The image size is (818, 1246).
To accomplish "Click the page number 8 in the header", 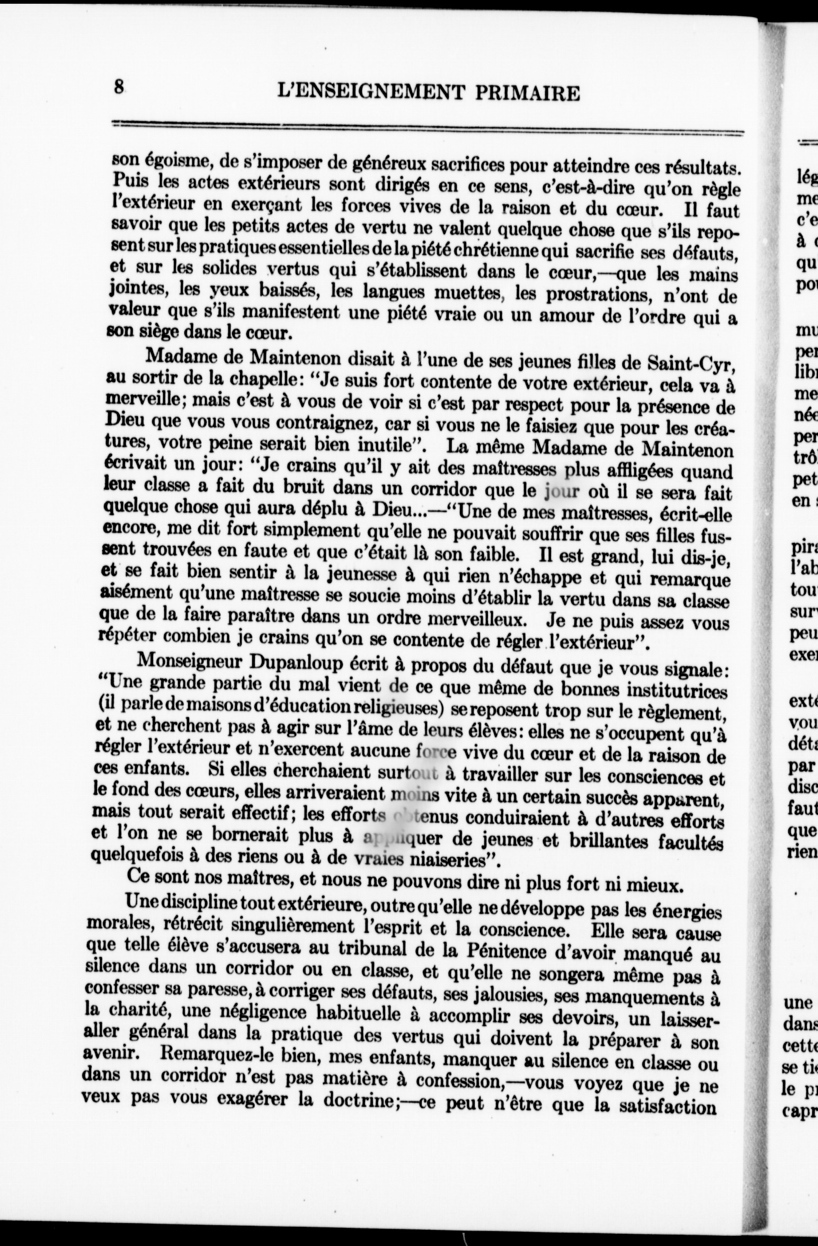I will click(119, 86).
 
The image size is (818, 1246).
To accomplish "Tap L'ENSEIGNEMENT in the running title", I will click(367, 93).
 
